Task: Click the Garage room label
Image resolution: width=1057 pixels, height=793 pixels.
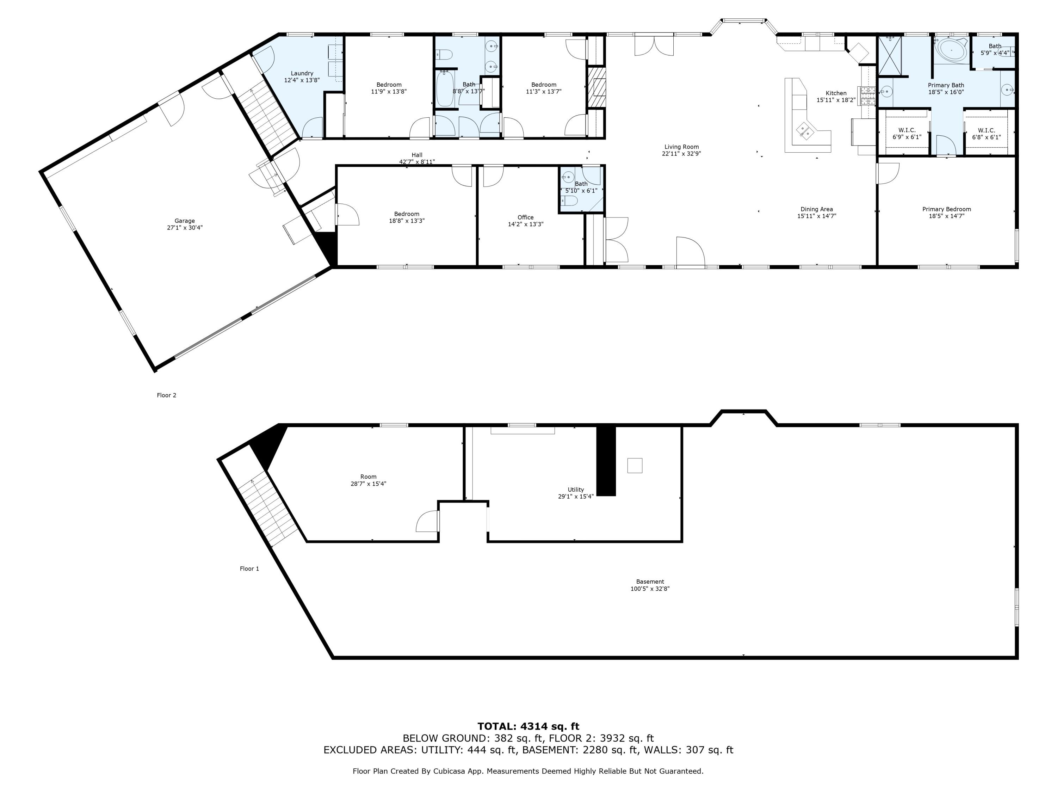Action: [185, 221]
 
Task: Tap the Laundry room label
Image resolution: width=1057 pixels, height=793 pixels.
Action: [302, 74]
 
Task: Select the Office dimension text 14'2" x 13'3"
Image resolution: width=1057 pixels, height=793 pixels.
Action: [526, 224]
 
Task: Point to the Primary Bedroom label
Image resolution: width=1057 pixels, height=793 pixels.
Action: [947, 209]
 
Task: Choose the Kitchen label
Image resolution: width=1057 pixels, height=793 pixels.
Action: [836, 93]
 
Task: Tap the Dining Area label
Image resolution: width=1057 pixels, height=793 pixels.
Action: [817, 209]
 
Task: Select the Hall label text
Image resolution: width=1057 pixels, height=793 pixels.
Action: [417, 155]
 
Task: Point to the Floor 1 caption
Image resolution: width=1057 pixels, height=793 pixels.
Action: [249, 569]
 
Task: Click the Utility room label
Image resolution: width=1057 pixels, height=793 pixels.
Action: [576, 490]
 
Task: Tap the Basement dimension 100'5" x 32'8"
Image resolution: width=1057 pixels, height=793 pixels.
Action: [650, 589]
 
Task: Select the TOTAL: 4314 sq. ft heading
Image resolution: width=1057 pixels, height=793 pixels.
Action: [528, 726]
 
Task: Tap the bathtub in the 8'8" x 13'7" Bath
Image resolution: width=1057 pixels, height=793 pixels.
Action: [445, 89]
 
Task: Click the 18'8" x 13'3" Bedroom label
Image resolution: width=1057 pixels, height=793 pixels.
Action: [407, 217]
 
